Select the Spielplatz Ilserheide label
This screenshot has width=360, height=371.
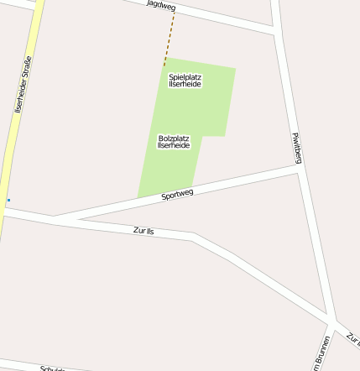[185, 81]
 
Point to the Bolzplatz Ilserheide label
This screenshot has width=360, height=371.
[174, 142]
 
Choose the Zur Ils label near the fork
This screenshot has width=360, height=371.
[143, 230]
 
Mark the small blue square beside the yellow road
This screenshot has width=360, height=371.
[8, 200]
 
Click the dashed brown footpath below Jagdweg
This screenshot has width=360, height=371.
[170, 39]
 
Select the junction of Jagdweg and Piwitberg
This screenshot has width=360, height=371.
[275, 32]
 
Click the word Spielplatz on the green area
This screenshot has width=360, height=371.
[185, 76]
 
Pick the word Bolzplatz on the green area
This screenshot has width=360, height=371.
[174, 138]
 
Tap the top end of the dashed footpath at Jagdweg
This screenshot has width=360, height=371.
[175, 12]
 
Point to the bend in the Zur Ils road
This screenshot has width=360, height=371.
[194, 236]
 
